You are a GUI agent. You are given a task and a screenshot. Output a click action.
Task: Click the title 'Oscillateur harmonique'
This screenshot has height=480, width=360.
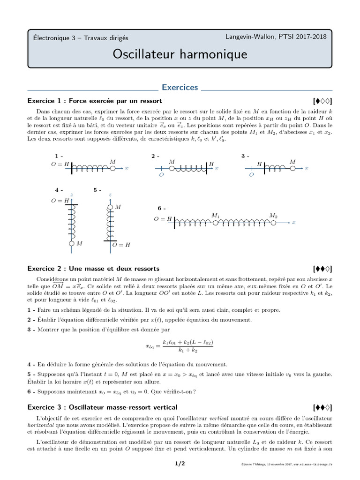tap(180, 54)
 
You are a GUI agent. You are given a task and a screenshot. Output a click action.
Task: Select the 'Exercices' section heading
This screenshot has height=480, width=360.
tap(180, 88)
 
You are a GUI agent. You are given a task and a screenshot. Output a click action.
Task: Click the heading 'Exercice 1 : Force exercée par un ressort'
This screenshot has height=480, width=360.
tap(95, 101)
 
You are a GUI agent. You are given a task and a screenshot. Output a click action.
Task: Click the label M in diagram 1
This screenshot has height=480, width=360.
tap(112, 162)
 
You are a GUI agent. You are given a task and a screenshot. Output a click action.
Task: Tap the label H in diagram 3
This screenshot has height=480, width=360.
tap(259, 164)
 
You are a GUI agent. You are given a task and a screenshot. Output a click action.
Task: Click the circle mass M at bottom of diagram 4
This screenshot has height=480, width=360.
tap(71, 244)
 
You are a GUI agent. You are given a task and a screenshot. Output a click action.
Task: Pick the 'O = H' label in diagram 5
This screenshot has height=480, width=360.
tap(121, 245)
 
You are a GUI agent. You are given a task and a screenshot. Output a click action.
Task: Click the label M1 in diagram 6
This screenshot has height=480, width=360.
tap(216, 216)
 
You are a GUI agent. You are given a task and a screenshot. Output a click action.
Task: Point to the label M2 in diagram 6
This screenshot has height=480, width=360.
tap(273, 216)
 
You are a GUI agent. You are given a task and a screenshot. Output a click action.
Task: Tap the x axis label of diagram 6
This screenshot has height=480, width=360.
tap(294, 223)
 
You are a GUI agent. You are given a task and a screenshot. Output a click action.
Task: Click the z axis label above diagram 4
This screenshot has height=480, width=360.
tap(71, 194)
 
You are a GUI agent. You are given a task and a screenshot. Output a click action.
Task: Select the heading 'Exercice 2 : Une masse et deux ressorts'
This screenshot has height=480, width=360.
tap(94, 269)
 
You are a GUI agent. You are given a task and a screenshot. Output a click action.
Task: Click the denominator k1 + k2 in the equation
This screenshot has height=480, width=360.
tap(187, 350)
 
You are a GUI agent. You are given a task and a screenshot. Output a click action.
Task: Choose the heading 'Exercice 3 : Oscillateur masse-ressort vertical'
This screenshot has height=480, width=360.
tap(103, 407)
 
